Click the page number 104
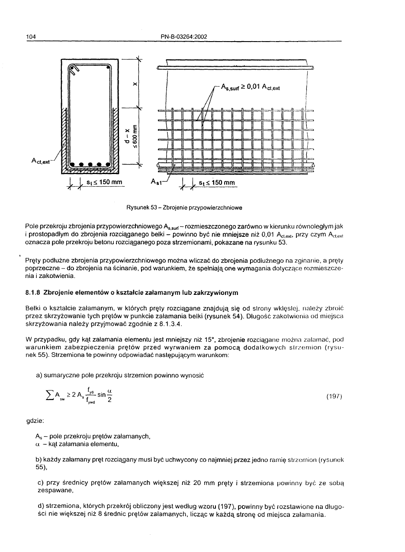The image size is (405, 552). pyautogui.click(x=30, y=36)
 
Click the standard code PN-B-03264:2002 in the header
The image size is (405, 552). pyautogui.click(x=184, y=36)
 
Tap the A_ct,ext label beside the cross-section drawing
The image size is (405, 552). pyautogui.click(x=41, y=161)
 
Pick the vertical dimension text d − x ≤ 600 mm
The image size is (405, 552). pyautogui.click(x=131, y=135)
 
